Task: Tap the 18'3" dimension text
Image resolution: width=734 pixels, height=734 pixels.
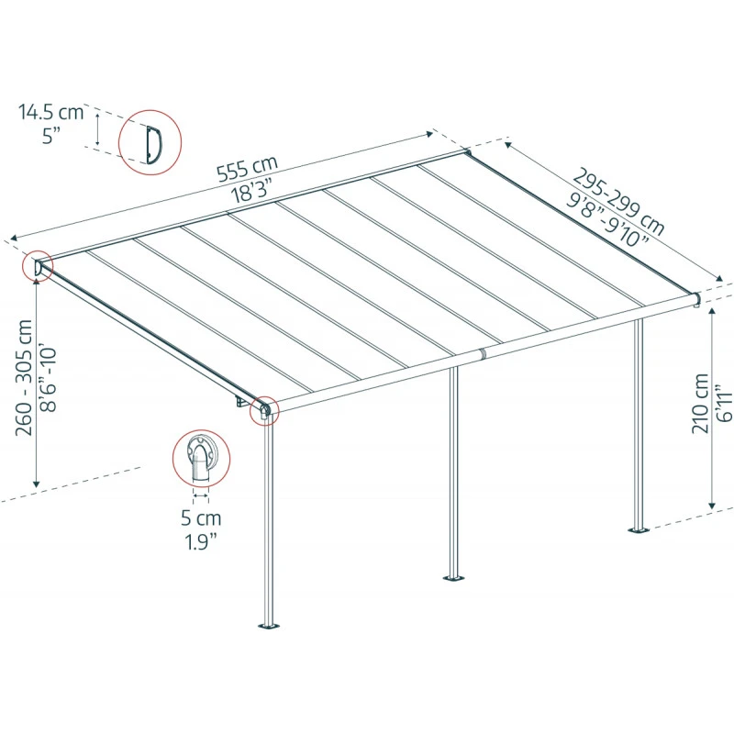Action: pos(257,191)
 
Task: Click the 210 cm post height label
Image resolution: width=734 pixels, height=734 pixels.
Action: pos(701,404)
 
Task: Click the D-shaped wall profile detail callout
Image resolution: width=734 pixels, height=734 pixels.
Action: pos(150,143)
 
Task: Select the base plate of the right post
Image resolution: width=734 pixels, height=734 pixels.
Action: pos(638,528)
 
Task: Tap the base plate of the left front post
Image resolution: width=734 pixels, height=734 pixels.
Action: pos(268,627)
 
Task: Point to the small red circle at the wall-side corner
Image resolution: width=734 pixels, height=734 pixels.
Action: pos(39,266)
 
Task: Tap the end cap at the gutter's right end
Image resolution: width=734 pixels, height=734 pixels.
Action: pos(696,299)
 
